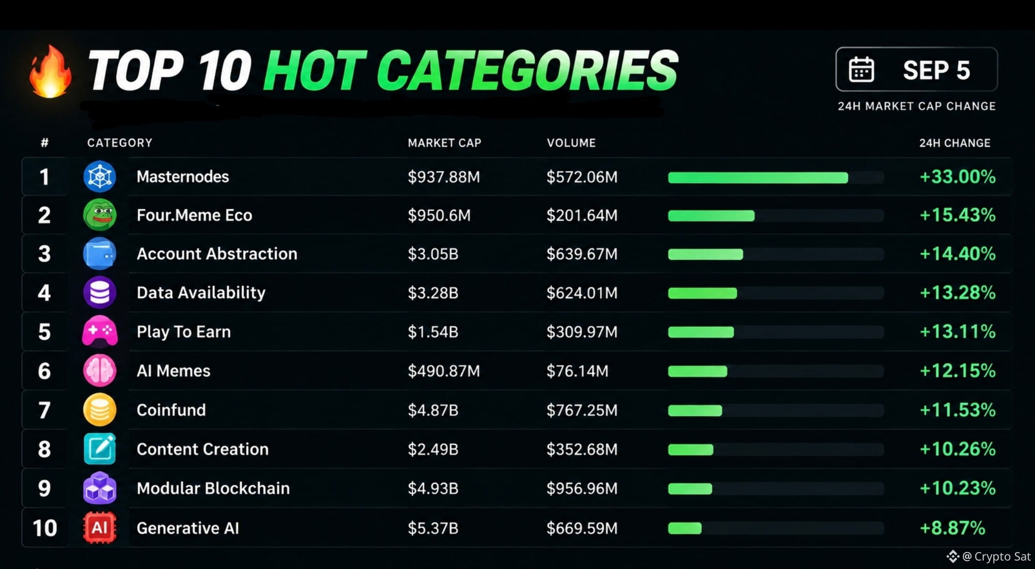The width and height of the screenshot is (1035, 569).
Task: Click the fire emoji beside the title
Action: coord(50,72)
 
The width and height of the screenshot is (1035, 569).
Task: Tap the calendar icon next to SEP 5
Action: coord(861,69)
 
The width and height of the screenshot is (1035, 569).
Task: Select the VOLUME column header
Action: coord(571,143)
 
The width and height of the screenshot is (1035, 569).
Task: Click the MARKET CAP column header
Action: coord(444,143)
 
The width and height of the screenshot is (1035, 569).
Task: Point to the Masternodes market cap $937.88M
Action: coord(444,177)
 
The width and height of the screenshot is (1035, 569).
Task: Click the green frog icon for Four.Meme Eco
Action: coord(100,215)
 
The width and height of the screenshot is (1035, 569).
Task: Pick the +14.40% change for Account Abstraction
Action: coord(957,253)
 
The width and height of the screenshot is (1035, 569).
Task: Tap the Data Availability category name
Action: coord(201,293)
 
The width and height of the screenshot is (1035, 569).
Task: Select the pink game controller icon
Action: coord(100,332)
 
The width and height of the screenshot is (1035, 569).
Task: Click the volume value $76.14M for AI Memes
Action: coord(577,371)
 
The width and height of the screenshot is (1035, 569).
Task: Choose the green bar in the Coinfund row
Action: coord(695,411)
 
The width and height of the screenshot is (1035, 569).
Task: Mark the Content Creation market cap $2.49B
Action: coord(433,449)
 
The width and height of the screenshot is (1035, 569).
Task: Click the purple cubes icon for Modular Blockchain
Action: coord(100,488)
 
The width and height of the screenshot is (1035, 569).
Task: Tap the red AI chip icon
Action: coord(100,527)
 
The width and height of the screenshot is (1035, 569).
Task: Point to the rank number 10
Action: coord(45,528)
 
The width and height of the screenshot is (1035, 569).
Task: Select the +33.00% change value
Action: coord(957,176)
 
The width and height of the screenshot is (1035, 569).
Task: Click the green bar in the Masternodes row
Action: coord(758,178)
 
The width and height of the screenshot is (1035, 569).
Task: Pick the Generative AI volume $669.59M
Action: coord(582,528)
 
